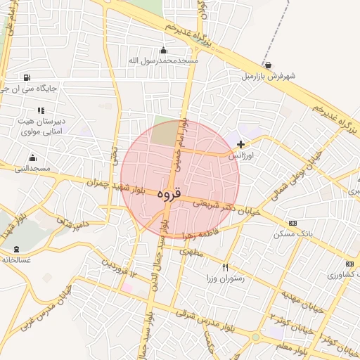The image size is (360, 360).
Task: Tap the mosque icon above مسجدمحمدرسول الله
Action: click(x=164, y=50)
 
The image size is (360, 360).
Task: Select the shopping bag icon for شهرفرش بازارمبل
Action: click(x=268, y=65)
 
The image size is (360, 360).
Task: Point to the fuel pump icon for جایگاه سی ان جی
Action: click(x=27, y=78)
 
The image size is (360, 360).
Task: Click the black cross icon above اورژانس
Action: click(x=240, y=144)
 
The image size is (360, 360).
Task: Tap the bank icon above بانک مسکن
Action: click(x=292, y=223)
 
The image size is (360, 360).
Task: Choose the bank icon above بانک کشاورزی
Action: click(x=349, y=264)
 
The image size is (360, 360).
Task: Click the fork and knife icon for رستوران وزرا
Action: click(x=226, y=267)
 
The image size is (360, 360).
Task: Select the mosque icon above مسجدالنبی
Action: click(x=32, y=157)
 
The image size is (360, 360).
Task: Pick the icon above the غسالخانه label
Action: click(x=17, y=250)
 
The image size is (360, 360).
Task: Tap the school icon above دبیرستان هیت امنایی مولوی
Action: click(x=40, y=110)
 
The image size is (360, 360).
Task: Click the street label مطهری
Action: click(x=191, y=250)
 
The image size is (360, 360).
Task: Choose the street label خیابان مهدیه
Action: click(x=300, y=298)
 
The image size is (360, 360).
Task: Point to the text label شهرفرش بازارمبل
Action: click(x=267, y=76)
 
